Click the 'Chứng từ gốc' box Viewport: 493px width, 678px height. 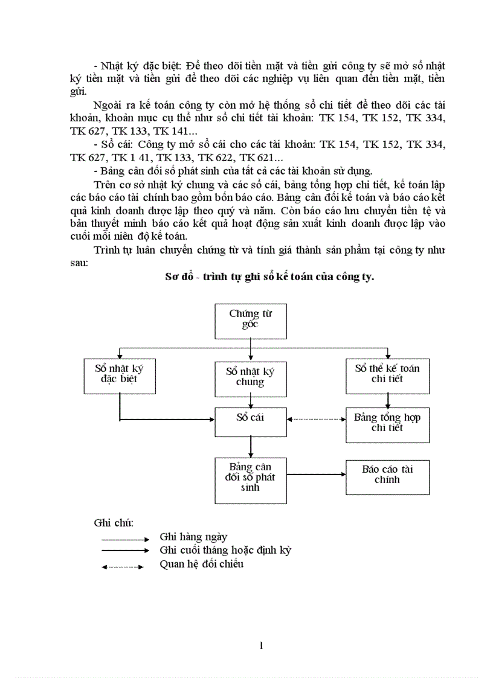coord(251,321)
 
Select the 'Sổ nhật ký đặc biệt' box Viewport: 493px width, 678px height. coord(120,375)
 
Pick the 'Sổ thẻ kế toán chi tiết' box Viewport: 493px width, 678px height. coord(387,375)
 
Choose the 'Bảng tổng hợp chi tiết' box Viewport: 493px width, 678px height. coord(387,424)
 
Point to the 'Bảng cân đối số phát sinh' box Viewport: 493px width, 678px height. coord(251,480)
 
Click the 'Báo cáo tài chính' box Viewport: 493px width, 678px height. coord(387,477)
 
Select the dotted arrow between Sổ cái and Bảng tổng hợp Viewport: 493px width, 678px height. coord(316,418)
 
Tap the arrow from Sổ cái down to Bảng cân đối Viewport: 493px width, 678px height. coord(251,447)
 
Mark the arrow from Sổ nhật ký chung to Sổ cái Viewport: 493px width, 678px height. coord(251,401)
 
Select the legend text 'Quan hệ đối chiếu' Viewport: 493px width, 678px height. coord(202,564)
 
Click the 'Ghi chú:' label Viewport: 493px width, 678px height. coord(114,522)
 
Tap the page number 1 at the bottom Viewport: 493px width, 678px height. coord(261,646)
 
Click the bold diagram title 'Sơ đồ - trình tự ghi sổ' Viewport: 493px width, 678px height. coord(269,277)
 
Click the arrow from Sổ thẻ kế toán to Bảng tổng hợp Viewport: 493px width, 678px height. coord(387,401)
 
